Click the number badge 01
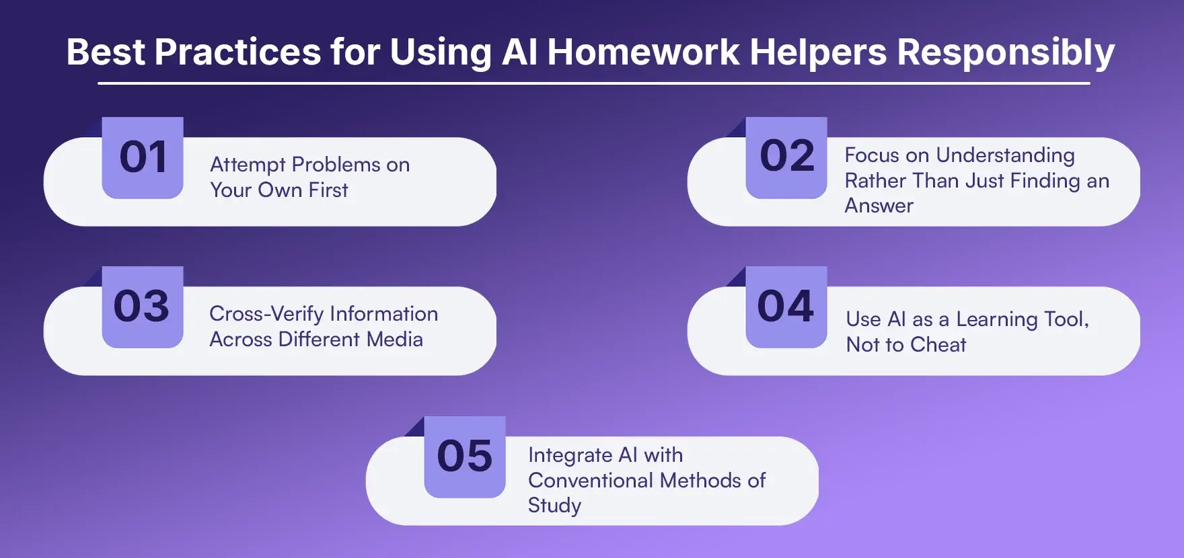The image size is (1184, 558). pyautogui.click(x=143, y=158)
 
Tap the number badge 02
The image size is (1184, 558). pyautogui.click(x=786, y=158)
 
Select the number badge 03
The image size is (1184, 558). pyautogui.click(x=142, y=307)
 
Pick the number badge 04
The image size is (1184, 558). pyautogui.click(x=786, y=307)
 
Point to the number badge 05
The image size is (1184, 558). pyautogui.click(x=465, y=457)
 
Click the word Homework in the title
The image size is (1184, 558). pyautogui.click(x=643, y=52)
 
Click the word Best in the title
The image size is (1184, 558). pyautogui.click(x=105, y=52)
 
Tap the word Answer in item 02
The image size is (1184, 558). pyautogui.click(x=879, y=206)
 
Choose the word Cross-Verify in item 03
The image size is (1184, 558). pyautogui.click(x=266, y=315)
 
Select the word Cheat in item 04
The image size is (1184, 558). pyautogui.click(x=938, y=345)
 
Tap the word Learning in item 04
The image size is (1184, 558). pyautogui.click(x=997, y=320)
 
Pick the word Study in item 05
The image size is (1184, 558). pyautogui.click(x=554, y=506)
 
